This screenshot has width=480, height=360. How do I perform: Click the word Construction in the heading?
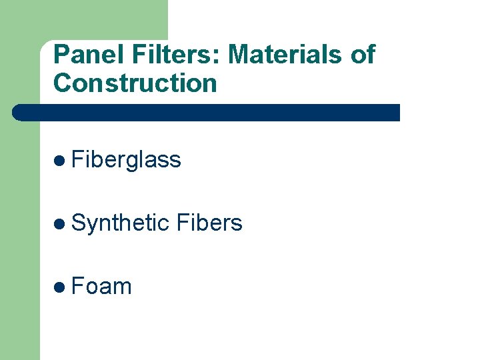(135, 84)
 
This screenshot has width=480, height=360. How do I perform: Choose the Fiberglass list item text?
(126, 160)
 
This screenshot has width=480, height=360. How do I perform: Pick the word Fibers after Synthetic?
(210, 223)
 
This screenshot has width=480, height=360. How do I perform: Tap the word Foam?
(101, 287)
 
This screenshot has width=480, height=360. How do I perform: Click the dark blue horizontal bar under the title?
(207, 112)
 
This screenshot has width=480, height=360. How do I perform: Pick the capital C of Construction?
(62, 84)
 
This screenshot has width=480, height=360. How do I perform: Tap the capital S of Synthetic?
(78, 223)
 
